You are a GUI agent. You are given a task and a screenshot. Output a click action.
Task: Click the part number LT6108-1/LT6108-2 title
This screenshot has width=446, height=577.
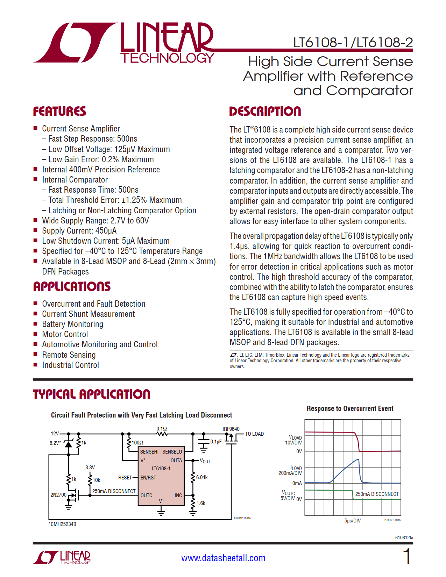353,43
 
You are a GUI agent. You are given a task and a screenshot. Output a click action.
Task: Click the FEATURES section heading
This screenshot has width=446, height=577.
59,112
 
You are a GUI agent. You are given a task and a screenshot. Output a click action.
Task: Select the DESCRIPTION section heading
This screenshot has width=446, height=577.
265,112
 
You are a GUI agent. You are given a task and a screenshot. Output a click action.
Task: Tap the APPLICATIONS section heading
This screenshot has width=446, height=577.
72,287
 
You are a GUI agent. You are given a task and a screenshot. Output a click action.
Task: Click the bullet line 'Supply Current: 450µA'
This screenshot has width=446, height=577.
79,231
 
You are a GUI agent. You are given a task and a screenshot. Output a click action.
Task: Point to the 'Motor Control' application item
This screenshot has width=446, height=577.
65,334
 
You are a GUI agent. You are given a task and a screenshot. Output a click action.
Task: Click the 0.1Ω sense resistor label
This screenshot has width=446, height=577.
162,428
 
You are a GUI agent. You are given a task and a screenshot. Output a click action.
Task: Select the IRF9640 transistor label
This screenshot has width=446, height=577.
231,429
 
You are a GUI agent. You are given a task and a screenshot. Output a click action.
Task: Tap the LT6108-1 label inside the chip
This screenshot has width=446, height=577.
161,469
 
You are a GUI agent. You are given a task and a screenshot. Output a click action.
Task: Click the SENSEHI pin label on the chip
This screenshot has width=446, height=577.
149,452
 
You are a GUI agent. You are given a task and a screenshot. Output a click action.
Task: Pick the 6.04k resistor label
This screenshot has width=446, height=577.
202,477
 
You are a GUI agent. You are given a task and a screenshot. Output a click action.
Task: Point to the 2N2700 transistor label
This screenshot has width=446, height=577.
58,495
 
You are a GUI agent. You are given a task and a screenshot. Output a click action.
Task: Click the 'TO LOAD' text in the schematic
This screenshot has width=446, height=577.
254,434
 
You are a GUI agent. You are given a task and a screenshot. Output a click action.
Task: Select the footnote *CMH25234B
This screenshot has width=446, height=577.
63,524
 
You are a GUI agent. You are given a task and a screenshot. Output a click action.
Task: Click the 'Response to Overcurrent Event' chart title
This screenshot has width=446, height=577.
350,408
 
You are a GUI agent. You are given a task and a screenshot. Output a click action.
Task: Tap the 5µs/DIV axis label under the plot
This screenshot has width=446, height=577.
352,521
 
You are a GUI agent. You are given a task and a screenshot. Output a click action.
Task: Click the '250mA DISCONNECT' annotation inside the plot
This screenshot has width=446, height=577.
377,494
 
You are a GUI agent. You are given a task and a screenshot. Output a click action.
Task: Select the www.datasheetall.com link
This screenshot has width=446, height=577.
223,558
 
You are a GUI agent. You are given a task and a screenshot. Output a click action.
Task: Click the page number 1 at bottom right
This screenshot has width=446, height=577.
407,556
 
